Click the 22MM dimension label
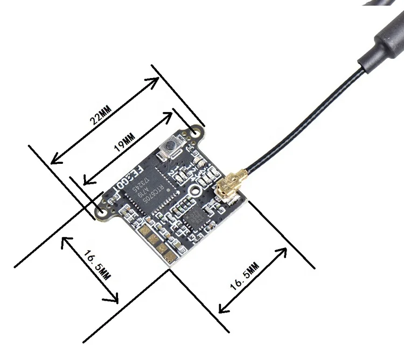[x=102, y=114]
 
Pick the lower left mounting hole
[x=101, y=211]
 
